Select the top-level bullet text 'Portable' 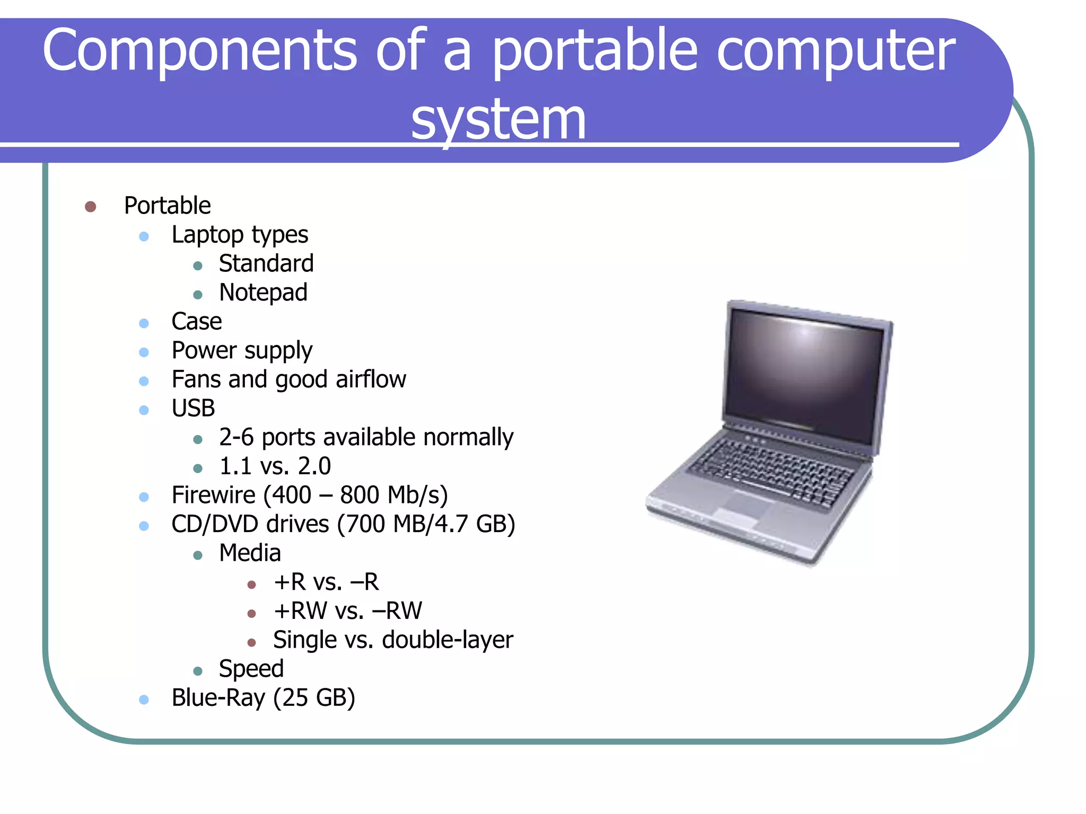167,206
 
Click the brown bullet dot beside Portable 90,206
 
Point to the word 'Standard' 266,263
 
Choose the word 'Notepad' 263,293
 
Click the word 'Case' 196,321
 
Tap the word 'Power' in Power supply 204,350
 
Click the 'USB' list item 193,408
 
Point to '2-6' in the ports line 236,437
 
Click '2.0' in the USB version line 314,466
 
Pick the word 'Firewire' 214,495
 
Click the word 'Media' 250,553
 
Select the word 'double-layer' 447,640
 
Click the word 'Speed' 251,669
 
